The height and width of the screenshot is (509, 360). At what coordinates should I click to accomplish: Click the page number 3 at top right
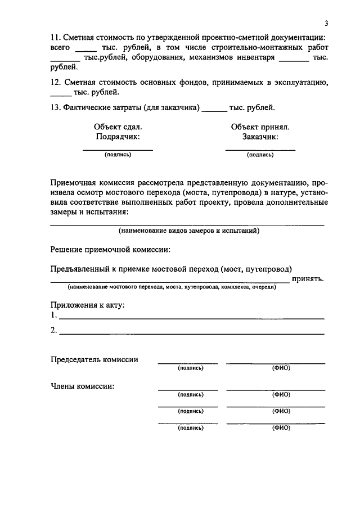tap(326, 23)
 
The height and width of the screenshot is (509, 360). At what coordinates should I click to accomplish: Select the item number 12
tap(55, 82)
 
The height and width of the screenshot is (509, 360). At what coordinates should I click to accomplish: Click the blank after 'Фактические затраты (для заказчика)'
tap(214, 108)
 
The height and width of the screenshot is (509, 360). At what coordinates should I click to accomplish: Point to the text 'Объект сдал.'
tap(118, 127)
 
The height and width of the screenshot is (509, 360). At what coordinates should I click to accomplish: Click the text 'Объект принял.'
tap(260, 127)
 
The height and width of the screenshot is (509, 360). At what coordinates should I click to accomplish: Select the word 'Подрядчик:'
tap(118, 137)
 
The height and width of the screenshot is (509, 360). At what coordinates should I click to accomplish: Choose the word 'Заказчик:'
tap(260, 137)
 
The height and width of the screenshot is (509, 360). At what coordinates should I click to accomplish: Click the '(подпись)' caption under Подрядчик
tap(118, 155)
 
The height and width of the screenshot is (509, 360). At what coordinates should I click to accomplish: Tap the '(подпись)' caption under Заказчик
tap(260, 155)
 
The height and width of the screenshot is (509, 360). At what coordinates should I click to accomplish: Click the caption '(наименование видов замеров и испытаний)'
tap(188, 231)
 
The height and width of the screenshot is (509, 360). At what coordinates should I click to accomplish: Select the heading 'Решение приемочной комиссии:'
tap(110, 249)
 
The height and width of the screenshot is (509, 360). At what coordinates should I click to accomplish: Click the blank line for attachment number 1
tap(191, 318)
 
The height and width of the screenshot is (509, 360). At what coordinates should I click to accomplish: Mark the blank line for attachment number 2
tap(191, 333)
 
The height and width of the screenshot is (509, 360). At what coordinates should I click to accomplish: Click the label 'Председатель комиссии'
tap(94, 360)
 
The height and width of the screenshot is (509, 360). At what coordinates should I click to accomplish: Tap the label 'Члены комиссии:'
tap(82, 386)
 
